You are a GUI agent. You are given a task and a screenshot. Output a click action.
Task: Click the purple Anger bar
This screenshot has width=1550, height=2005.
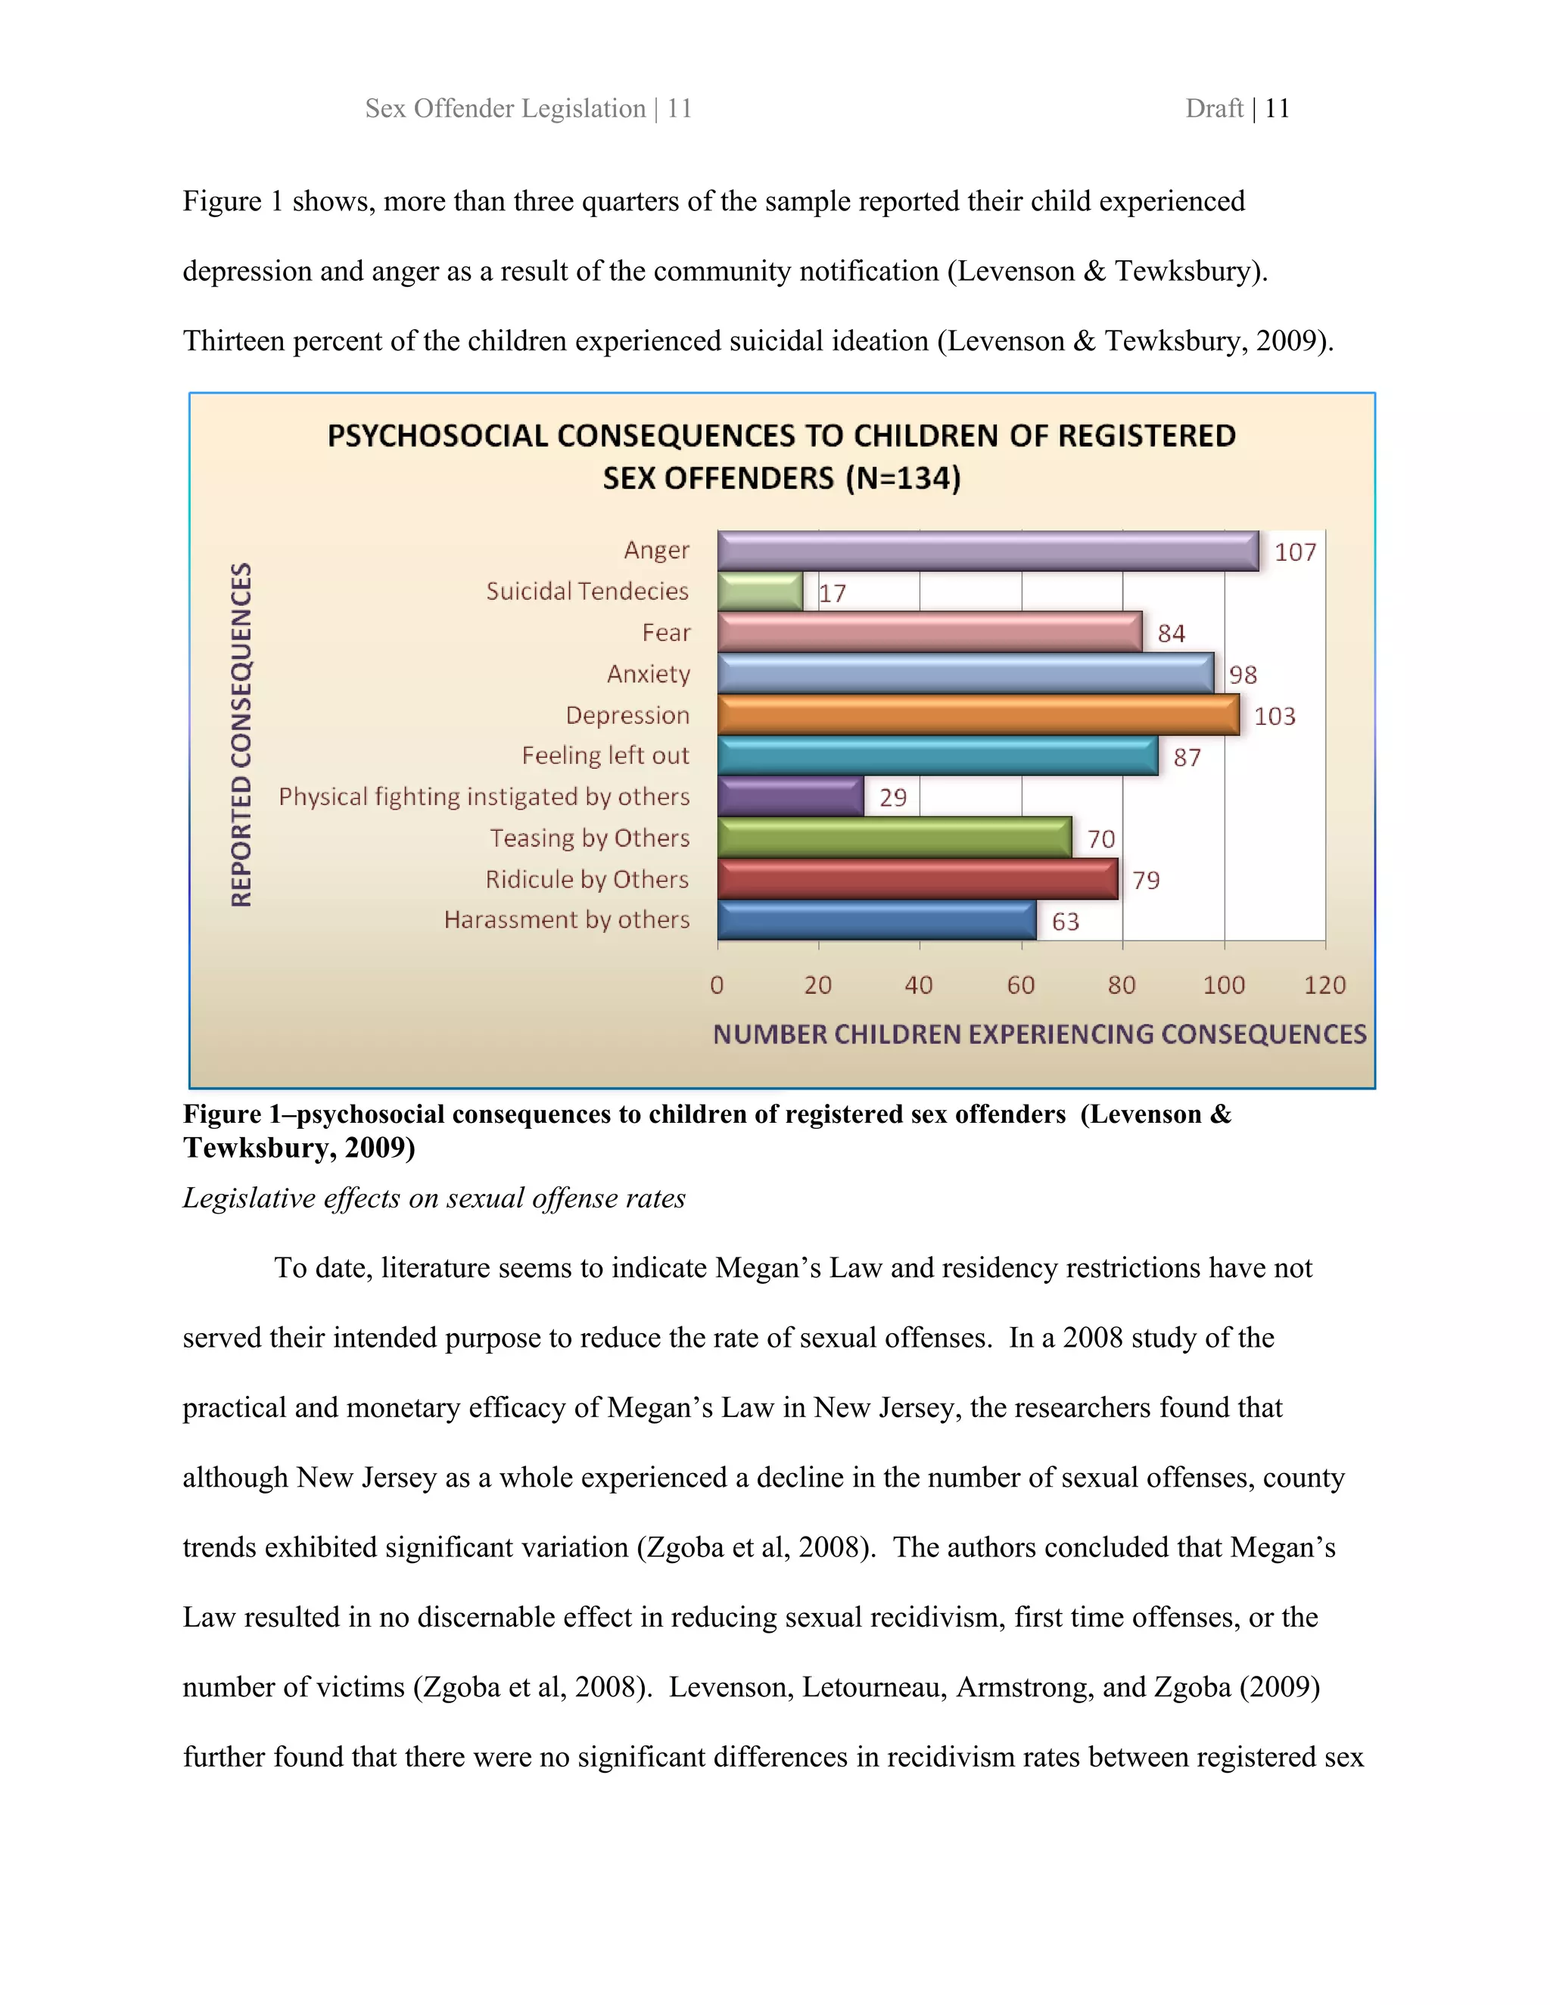tap(987, 551)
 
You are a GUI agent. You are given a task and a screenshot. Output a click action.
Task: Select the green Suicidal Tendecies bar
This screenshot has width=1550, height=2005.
tap(761, 592)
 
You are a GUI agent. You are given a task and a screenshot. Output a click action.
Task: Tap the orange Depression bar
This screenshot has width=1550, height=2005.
tap(978, 715)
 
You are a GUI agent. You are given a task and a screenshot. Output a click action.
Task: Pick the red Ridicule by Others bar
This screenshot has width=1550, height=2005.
tap(917, 879)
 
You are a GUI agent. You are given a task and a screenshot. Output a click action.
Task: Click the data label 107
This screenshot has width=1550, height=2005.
tap(1295, 552)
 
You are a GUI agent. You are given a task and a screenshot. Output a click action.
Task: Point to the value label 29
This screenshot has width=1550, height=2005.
tap(892, 797)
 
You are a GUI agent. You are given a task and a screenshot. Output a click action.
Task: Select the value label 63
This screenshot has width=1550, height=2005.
tap(1065, 922)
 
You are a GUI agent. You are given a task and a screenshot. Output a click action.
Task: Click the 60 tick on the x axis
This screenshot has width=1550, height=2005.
tap(1020, 985)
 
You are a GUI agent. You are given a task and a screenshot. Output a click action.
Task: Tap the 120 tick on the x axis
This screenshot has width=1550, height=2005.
tap(1324, 985)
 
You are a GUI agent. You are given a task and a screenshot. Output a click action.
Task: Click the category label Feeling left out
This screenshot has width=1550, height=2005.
tap(605, 756)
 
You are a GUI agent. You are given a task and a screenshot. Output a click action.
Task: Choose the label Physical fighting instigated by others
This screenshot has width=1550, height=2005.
tap(484, 797)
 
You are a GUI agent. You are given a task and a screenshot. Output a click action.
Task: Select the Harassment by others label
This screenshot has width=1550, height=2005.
tap(567, 920)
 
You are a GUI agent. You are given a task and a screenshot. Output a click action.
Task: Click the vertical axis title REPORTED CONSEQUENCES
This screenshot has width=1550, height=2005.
tap(241, 735)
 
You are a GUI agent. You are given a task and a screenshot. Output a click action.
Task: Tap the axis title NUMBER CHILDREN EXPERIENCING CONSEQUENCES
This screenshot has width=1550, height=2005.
tap(1039, 1034)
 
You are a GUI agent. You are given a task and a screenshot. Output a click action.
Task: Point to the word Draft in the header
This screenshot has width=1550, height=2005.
tap(1213, 108)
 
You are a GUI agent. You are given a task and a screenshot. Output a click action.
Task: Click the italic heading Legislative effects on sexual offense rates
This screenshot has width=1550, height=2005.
tap(434, 1198)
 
